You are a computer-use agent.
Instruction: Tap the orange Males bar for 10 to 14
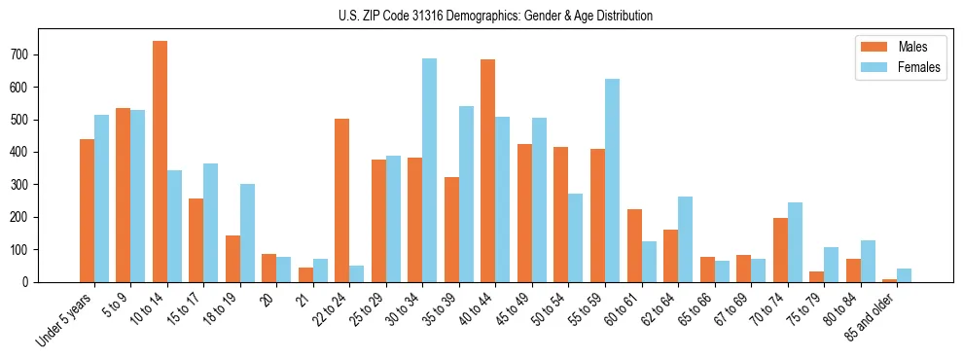click(160, 162)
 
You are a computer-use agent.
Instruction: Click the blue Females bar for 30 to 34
click(429, 170)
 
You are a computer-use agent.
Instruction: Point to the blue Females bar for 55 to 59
click(612, 180)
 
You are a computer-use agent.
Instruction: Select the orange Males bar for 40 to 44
click(487, 170)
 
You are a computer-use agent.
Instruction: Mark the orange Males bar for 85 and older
click(889, 280)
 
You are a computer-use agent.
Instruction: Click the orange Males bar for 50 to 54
click(560, 215)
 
